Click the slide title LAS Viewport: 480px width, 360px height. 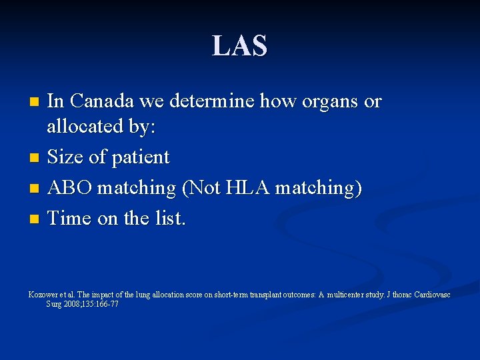coord(240,46)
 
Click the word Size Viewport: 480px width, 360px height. coord(65,157)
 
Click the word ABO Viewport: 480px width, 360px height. coord(70,188)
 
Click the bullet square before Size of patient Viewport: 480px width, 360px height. coord(35,159)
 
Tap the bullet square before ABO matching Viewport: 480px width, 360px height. coord(35,189)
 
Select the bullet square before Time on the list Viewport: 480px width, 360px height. coord(35,219)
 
